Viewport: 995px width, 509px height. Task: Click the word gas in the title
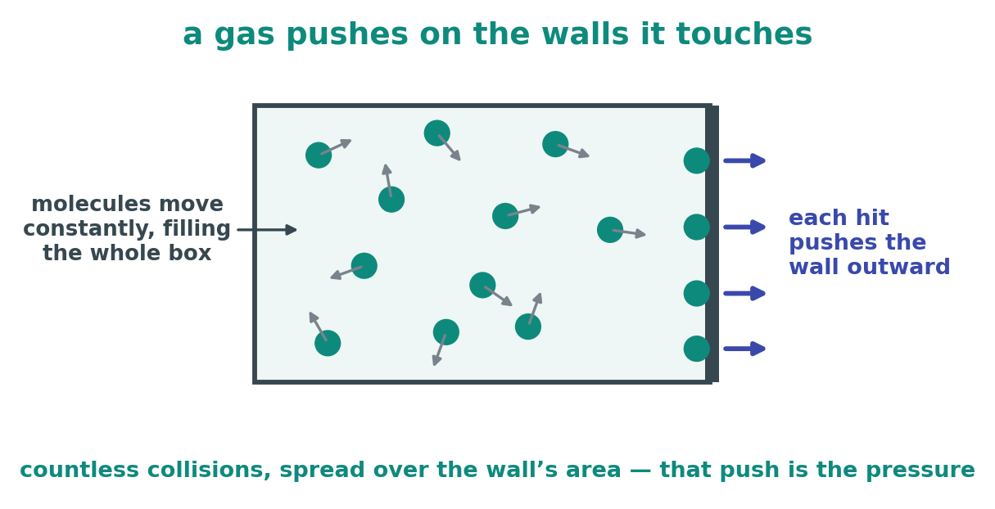[244, 35]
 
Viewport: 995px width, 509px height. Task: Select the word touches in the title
[744, 34]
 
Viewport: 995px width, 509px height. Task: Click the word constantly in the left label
[88, 229]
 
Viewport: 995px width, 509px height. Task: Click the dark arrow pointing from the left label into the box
[266, 230]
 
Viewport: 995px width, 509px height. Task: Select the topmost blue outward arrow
[744, 160]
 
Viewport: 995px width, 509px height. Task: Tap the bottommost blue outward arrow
[744, 349]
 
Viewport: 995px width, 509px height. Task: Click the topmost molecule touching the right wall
[696, 160]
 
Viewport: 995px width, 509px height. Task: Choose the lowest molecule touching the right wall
[696, 349]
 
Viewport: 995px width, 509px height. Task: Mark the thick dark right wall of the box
[712, 244]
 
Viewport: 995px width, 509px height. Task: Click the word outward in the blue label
[898, 267]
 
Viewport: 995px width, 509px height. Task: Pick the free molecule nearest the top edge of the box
[437, 133]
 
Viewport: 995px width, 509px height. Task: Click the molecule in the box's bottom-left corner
[328, 343]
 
